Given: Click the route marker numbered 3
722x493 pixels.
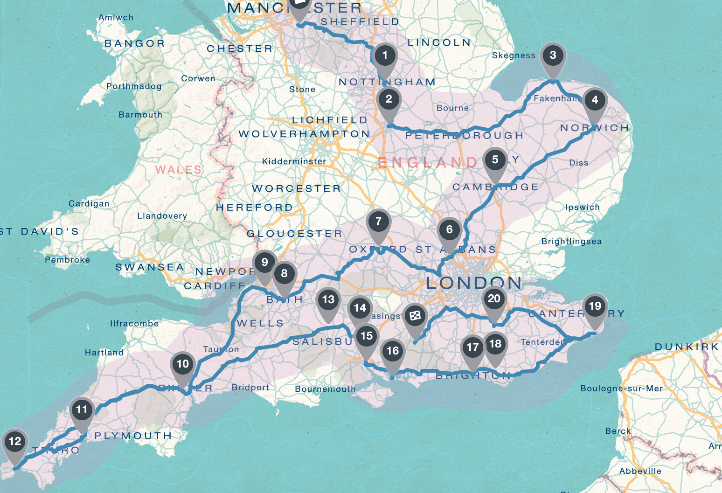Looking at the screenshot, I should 553,56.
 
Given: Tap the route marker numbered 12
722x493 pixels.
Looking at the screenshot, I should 15,442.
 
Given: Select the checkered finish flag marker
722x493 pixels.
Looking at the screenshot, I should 415,317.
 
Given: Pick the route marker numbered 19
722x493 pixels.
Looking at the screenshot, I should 595,306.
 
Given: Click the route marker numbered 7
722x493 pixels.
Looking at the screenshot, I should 378,222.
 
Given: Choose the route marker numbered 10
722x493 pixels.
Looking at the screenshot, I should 182,364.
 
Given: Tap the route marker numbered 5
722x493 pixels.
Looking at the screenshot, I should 495,160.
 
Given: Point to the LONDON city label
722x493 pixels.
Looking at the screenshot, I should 473,283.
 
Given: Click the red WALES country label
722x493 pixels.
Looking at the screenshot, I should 178,169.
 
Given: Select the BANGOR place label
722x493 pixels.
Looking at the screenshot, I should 134,43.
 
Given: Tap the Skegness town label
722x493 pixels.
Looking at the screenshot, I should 514,56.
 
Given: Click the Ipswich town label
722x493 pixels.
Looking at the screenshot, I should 582,207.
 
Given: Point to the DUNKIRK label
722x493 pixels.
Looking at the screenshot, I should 687,347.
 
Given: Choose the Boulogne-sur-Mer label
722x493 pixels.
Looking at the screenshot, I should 621,389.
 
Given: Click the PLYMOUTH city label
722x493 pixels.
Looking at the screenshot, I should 133,436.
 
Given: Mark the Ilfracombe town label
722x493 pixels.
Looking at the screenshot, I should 134,323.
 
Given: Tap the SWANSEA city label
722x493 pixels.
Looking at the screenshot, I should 150,267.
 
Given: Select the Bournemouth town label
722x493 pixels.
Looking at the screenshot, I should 325,389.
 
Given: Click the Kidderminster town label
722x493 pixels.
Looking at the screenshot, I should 294,161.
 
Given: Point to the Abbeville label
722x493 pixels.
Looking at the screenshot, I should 640,471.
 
